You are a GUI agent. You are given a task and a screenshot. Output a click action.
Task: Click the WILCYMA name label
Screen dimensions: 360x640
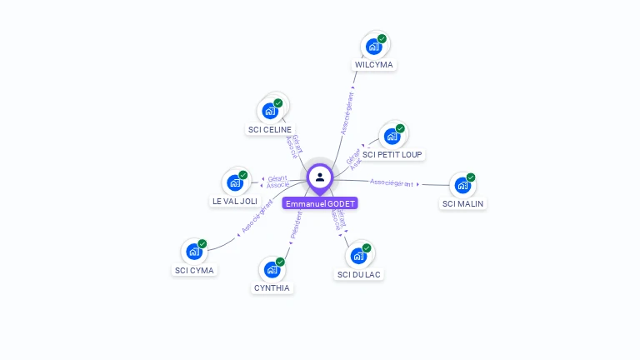(x=373, y=64)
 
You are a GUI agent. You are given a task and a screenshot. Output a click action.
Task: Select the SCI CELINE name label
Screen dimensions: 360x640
(x=270, y=129)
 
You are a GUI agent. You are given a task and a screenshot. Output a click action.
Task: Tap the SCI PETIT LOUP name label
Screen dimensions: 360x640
(x=392, y=154)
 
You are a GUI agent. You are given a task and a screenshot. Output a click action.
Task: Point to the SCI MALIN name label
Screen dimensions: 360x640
(x=462, y=203)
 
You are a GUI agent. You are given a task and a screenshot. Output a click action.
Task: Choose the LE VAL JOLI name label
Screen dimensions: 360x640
(x=234, y=201)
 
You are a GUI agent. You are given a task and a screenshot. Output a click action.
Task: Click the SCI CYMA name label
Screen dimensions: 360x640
(x=194, y=270)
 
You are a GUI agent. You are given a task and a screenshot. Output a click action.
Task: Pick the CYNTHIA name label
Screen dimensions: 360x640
(x=272, y=287)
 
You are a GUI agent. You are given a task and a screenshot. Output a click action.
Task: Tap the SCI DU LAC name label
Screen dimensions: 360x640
(x=360, y=274)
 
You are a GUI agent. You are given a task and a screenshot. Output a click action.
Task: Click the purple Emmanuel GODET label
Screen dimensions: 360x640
(x=320, y=203)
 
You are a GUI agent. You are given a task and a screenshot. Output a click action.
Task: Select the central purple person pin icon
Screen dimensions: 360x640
(x=320, y=177)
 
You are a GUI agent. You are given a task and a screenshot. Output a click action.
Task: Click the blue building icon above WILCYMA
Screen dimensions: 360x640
(x=373, y=47)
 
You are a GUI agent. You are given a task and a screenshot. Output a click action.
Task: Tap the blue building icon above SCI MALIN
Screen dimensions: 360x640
(x=462, y=186)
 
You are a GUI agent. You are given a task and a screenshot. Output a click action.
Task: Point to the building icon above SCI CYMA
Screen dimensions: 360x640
(x=194, y=252)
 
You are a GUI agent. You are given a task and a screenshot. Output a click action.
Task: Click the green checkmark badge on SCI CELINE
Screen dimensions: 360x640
(x=278, y=103)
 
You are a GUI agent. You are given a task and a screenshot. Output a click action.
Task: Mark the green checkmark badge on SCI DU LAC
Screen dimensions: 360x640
(x=367, y=247)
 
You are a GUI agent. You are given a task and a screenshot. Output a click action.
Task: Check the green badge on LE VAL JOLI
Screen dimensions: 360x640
(x=243, y=175)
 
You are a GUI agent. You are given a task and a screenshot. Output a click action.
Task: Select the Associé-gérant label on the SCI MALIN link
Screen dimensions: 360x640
(x=392, y=182)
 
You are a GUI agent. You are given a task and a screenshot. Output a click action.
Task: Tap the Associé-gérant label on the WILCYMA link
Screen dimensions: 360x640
(x=347, y=115)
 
